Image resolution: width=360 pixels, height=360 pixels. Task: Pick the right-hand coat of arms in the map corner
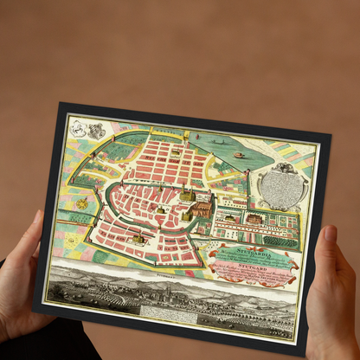96,131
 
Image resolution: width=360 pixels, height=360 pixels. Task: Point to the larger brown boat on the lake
239,156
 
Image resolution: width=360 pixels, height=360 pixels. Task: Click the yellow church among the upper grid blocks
176,152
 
